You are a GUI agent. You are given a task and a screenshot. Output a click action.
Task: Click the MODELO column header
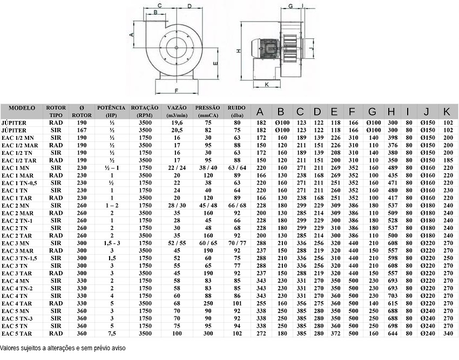point(22,108)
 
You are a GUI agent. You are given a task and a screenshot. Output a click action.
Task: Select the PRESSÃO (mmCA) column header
point(207,112)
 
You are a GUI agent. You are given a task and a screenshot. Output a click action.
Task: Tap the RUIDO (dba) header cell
point(237,112)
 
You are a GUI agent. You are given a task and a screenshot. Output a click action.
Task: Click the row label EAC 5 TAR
point(17,334)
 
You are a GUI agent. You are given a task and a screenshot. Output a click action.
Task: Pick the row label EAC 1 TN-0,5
point(19,183)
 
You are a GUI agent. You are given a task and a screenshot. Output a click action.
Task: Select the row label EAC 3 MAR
point(18,251)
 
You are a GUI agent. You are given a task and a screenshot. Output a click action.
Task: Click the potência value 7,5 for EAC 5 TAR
point(112,334)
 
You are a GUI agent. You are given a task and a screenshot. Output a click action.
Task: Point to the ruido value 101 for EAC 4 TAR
point(237,303)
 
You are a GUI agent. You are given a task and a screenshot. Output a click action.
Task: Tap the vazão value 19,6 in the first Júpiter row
point(177,123)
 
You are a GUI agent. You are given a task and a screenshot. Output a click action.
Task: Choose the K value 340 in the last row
point(448,334)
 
